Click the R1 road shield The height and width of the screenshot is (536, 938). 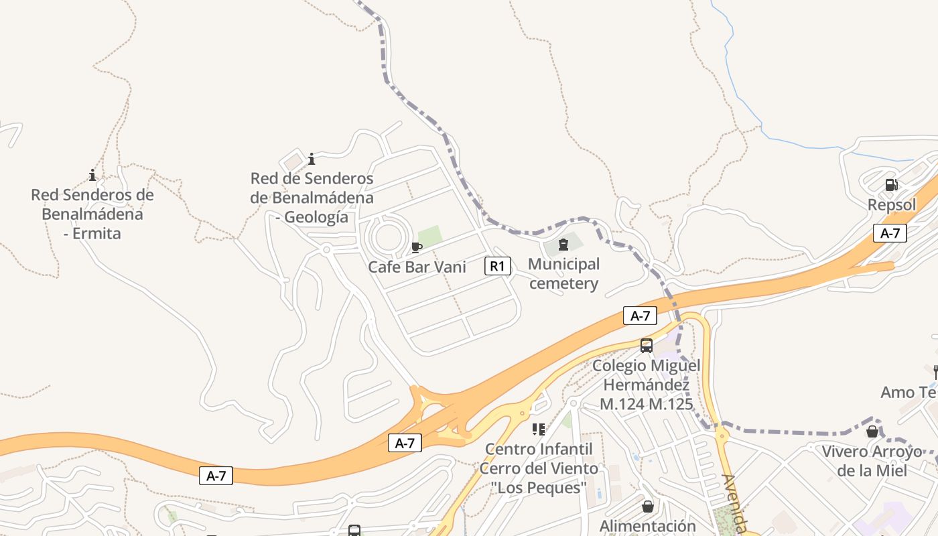tap(497, 266)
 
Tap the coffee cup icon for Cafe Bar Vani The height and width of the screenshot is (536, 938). tap(417, 247)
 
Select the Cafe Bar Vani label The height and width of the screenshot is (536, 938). tap(417, 267)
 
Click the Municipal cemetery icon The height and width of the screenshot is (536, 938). tap(563, 245)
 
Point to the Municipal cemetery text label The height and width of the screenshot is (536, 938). tap(563, 273)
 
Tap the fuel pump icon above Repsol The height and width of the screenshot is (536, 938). tap(891, 185)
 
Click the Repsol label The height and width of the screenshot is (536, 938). tap(892, 204)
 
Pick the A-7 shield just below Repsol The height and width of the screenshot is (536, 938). tap(890, 233)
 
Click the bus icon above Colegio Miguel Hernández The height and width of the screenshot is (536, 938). tap(647, 346)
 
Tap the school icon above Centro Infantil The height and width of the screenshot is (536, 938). tap(539, 429)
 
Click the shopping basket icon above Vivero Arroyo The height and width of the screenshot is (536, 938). tap(872, 431)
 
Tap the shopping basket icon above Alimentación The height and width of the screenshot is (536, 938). tap(648, 507)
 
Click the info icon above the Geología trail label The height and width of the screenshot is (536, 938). tap(312, 159)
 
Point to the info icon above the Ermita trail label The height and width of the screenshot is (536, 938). tap(92, 176)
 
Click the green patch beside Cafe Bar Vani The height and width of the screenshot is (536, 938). tap(429, 235)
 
